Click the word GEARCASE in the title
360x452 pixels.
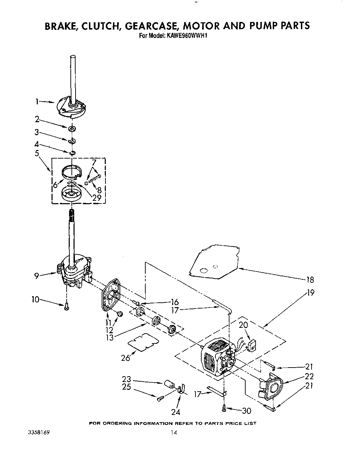click(x=159, y=26)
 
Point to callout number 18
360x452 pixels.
click(x=310, y=280)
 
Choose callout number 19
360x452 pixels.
click(x=310, y=293)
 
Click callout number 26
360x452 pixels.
click(x=126, y=358)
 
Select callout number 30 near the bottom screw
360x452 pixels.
click(x=246, y=410)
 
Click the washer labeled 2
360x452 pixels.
click(x=72, y=129)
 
